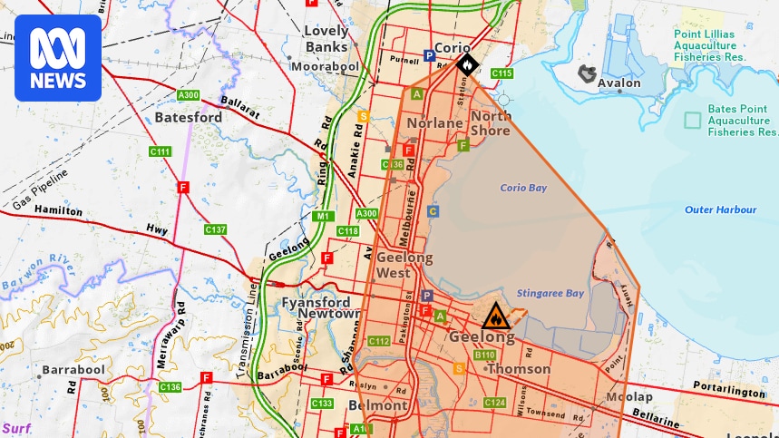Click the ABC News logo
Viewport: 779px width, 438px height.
(57, 57)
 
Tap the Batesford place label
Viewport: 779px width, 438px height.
(189, 118)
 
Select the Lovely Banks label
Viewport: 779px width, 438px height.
(326, 38)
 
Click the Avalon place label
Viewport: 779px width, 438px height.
(619, 83)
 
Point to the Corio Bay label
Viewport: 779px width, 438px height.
(523, 189)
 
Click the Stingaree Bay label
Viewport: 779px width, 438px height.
(550, 293)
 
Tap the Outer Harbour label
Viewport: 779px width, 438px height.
(720, 210)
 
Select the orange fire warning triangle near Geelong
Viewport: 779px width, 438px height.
(495, 316)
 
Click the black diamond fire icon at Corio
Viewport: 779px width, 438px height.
(466, 64)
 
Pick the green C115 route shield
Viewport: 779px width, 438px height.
(501, 73)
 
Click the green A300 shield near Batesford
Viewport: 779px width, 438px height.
(189, 95)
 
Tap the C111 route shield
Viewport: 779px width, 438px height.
(161, 151)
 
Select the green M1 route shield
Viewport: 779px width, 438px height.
(323, 217)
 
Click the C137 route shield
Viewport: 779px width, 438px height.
(215, 229)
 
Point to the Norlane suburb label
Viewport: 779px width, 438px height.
(434, 123)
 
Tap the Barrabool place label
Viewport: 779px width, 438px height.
(73, 370)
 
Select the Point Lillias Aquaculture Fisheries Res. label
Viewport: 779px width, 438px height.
(709, 45)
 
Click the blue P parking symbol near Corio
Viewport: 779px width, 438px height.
(430, 55)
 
